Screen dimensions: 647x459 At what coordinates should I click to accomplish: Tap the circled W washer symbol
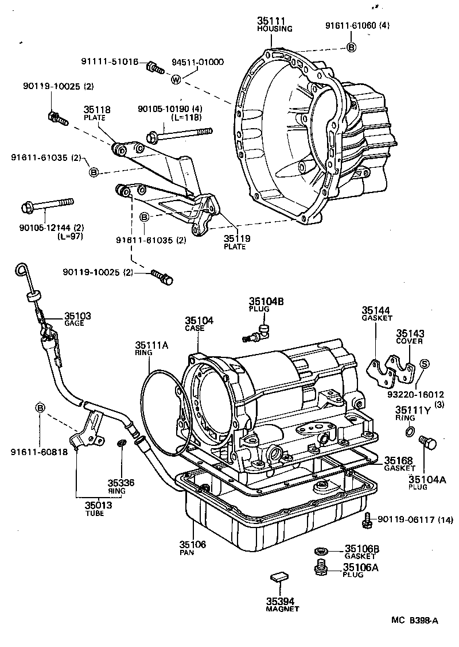[x=176, y=79]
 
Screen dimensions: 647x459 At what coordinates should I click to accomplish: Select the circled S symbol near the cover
[x=425, y=363]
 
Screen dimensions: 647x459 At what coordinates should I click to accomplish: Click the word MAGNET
[x=282, y=609]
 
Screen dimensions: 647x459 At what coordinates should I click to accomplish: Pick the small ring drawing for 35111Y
[x=410, y=432]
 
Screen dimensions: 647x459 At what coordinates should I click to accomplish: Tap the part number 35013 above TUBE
[x=98, y=506]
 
